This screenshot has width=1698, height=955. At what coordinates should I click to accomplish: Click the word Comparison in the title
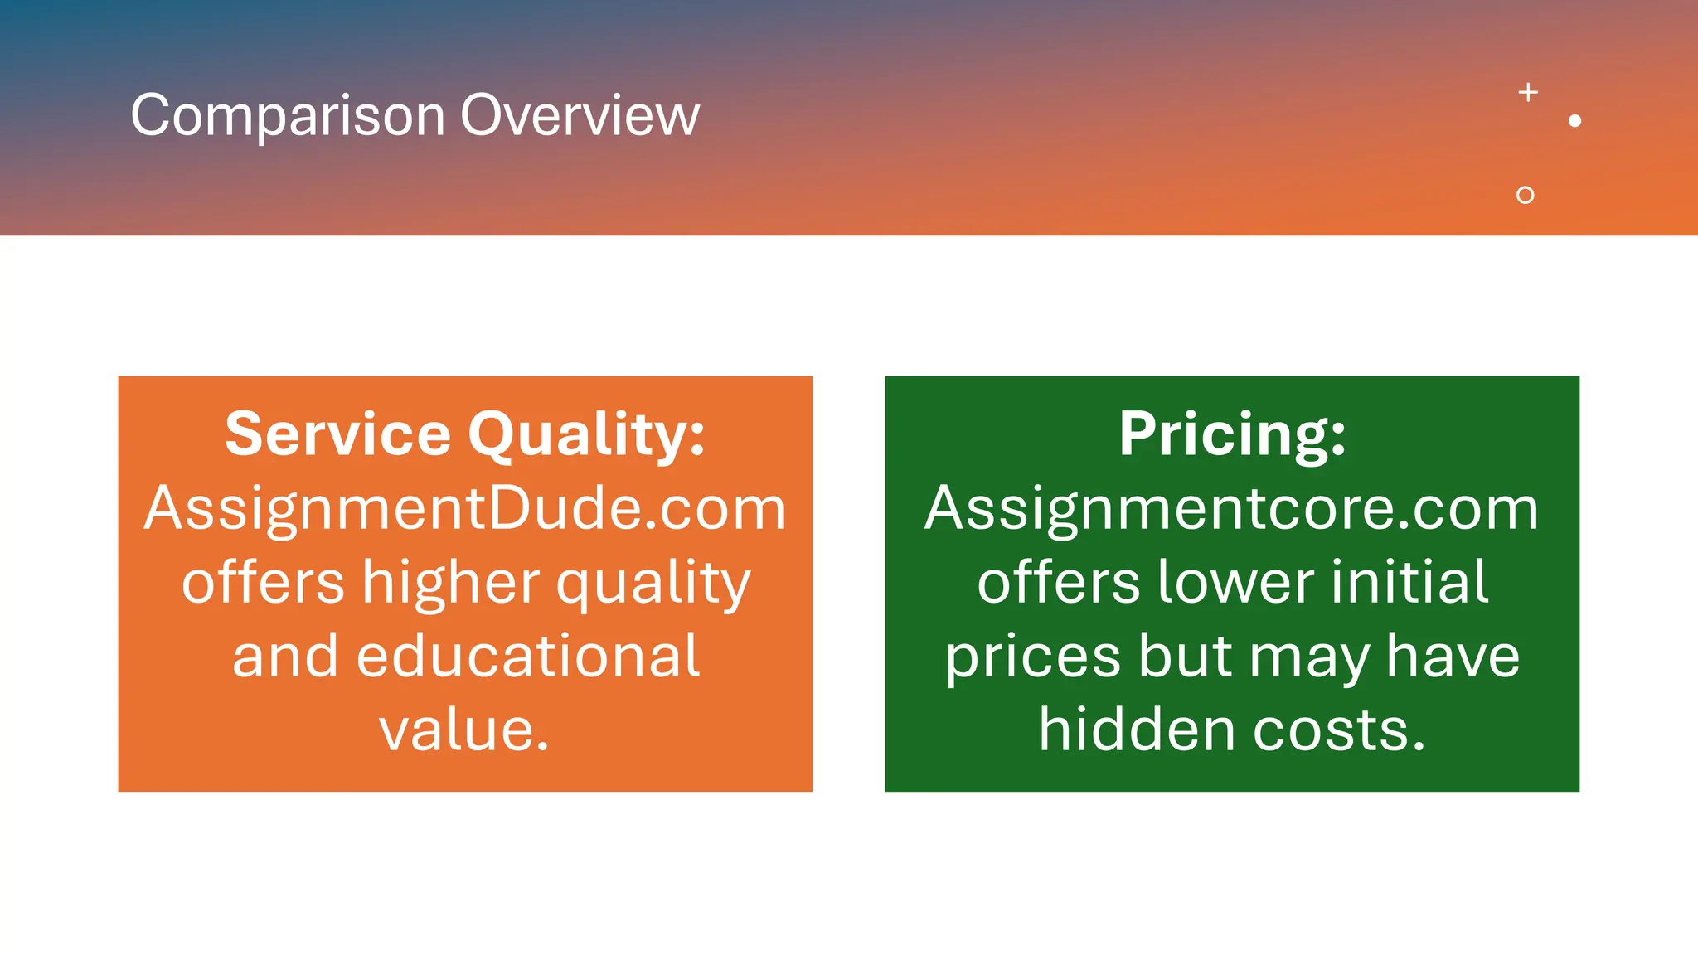pos(288,115)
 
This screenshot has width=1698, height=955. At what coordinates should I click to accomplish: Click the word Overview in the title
pos(580,115)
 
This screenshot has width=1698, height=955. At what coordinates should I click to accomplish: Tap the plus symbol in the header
pos(1528,92)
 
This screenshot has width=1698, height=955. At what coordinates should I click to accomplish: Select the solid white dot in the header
pos(1575,121)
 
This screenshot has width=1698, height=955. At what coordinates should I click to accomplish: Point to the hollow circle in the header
pos(1525,195)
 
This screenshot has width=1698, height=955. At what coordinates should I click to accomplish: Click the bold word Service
pos(337,434)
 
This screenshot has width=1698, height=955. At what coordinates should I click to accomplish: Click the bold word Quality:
pos(586,435)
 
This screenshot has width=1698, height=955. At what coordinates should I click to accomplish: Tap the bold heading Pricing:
pos(1232,434)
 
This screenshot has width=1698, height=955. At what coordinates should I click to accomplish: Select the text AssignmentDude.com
pos(465,507)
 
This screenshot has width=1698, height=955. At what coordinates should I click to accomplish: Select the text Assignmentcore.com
pos(1232,507)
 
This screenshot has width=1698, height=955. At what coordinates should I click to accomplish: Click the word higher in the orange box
pos(451,583)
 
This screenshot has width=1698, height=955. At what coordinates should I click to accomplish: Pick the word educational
pos(528,656)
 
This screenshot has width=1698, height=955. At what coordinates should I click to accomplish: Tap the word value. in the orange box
pos(464,730)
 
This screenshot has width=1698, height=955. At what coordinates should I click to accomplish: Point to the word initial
pos(1409,581)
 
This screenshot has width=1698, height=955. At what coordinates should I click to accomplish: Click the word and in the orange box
pos(285,656)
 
